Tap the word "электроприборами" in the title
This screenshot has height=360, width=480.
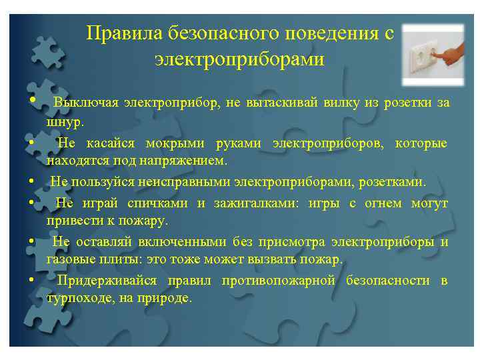[239, 59]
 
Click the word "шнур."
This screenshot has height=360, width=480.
[66, 122]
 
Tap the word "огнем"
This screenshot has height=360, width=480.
[383, 203]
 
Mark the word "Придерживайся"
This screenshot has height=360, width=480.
[107, 281]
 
